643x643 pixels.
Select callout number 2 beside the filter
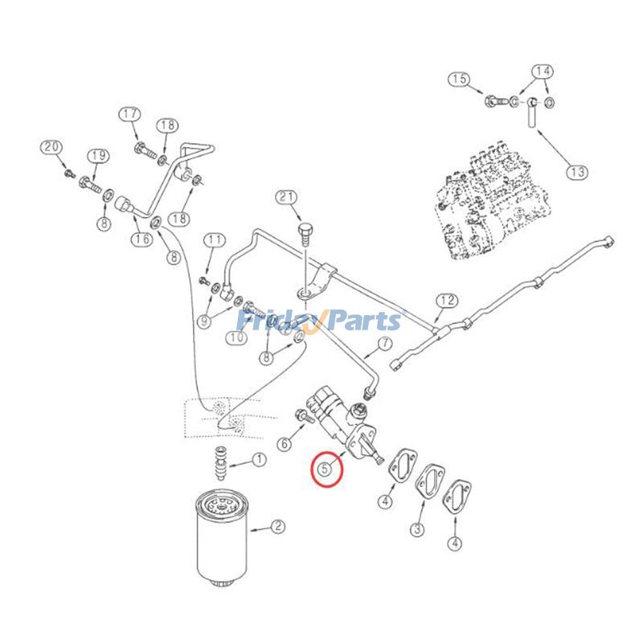pyautogui.click(x=277, y=527)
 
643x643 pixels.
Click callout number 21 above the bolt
pyautogui.click(x=286, y=198)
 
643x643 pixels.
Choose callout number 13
pyautogui.click(x=577, y=171)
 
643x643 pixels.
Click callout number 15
pyautogui.click(x=459, y=79)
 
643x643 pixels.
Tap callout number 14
pyautogui.click(x=543, y=72)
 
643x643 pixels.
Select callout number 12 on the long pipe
pyautogui.click(x=447, y=301)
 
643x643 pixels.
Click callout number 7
pyautogui.click(x=383, y=344)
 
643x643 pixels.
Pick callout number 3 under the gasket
pyautogui.click(x=418, y=529)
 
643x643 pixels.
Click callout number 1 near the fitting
pyautogui.click(x=259, y=460)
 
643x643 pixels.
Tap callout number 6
pyautogui.click(x=285, y=443)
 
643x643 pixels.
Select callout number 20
pyautogui.click(x=51, y=147)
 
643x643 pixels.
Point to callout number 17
pyautogui.click(x=130, y=114)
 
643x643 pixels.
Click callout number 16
pyautogui.click(x=142, y=239)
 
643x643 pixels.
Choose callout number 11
pyautogui.click(x=214, y=240)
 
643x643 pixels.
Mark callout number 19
pyautogui.click(x=98, y=155)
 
